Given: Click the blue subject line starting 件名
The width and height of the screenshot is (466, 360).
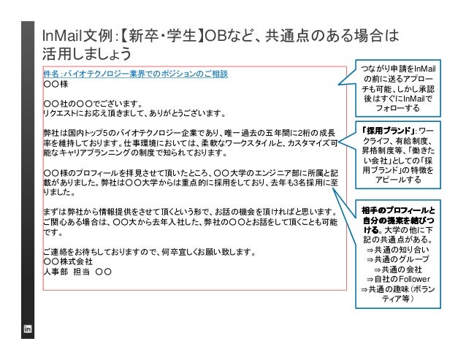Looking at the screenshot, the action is point(136,74).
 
